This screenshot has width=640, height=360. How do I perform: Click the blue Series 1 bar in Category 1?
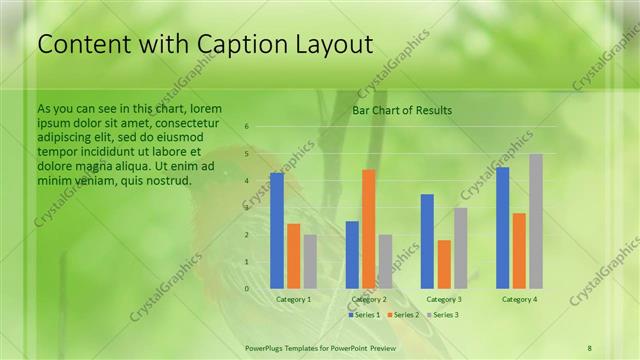click(277, 230)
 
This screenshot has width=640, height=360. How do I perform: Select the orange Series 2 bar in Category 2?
click(368, 228)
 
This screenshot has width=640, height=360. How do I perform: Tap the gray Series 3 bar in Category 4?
click(536, 221)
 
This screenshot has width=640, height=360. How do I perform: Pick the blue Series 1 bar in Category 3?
click(427, 241)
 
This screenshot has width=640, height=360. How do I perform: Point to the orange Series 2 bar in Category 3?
click(444, 264)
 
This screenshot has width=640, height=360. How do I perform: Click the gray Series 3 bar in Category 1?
click(310, 261)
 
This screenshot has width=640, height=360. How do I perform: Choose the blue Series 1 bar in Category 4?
click(502, 227)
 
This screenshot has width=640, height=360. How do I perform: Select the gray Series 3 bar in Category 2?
click(385, 261)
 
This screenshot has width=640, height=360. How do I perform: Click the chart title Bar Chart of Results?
click(402, 110)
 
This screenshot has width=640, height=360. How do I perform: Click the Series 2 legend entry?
click(402, 315)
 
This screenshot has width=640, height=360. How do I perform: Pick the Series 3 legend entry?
click(442, 315)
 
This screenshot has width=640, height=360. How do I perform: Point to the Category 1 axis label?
click(293, 299)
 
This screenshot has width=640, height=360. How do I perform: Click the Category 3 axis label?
click(444, 299)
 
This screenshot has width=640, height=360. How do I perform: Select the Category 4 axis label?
click(519, 299)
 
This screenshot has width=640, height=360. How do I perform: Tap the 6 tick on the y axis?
click(247, 127)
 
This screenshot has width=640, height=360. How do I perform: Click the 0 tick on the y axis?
click(247, 289)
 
